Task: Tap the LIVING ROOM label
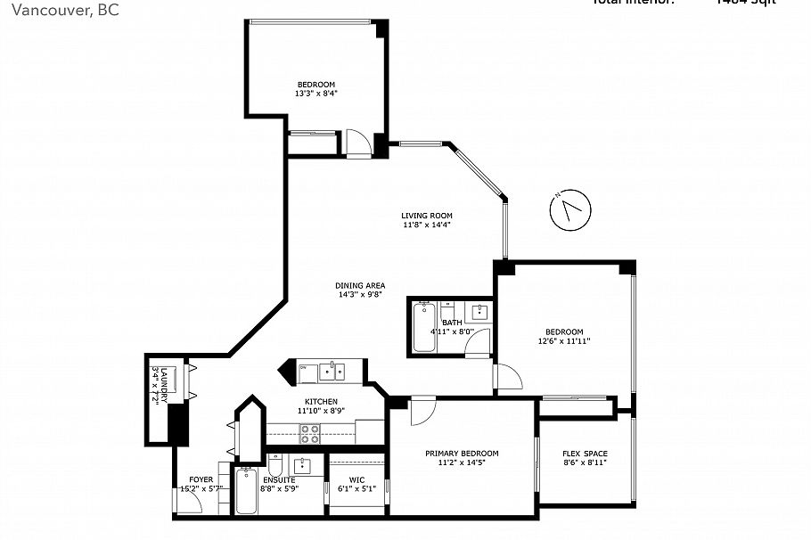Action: pyautogui.click(x=426, y=216)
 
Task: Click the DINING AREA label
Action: pyautogui.click(x=360, y=286)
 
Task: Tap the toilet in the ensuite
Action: pyautogui.click(x=274, y=466)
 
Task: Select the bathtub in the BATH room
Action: pyautogui.click(x=422, y=328)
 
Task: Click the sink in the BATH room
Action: pyautogui.click(x=480, y=311)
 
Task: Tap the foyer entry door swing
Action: pyautogui.click(x=188, y=501)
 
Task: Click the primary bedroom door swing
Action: pyautogui.click(x=422, y=411)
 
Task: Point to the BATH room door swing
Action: pyautogui.click(x=479, y=341)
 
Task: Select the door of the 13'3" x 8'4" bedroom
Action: pyautogui.click(x=356, y=142)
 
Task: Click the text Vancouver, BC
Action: pyautogui.click(x=59, y=10)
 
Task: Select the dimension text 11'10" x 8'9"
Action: pyautogui.click(x=321, y=411)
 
